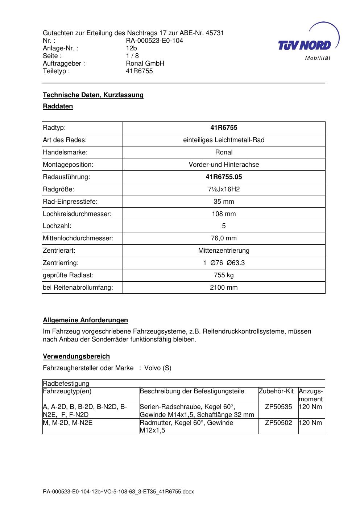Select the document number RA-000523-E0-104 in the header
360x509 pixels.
click(x=154, y=41)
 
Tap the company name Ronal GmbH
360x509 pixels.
click(x=145, y=63)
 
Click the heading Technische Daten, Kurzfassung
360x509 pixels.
click(x=93, y=95)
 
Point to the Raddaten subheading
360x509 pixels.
click(x=58, y=106)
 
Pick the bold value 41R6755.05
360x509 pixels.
click(x=224, y=177)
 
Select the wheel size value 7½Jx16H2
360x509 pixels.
click(x=224, y=189)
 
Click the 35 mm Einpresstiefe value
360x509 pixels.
click(x=224, y=202)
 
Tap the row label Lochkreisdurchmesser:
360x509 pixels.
click(x=77, y=214)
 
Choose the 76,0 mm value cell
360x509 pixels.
click(x=224, y=238)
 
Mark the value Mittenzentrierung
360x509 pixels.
click(x=224, y=251)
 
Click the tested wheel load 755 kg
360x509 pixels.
click(x=224, y=275)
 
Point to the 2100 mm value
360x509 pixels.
click(x=224, y=287)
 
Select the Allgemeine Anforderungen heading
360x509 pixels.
click(x=86, y=320)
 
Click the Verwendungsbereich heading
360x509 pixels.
click(x=76, y=356)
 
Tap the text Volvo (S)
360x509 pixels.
click(x=158, y=368)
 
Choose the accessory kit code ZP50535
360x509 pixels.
click(x=278, y=407)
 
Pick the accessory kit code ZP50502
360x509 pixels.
click(x=278, y=423)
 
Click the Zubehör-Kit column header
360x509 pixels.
click(x=276, y=392)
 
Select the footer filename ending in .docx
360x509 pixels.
click(x=119, y=492)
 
